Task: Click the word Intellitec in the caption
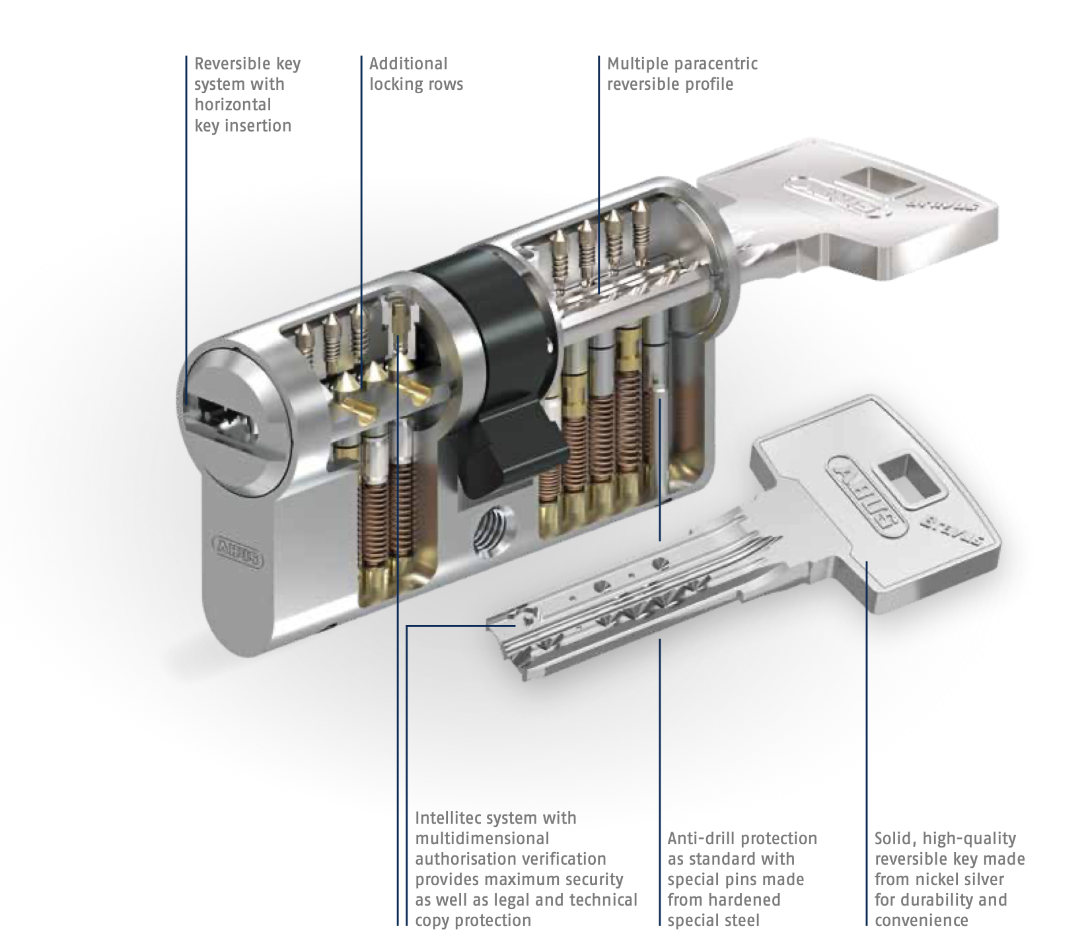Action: coord(454,818)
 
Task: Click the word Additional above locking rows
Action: coord(408,63)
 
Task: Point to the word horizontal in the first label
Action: coord(233,104)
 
